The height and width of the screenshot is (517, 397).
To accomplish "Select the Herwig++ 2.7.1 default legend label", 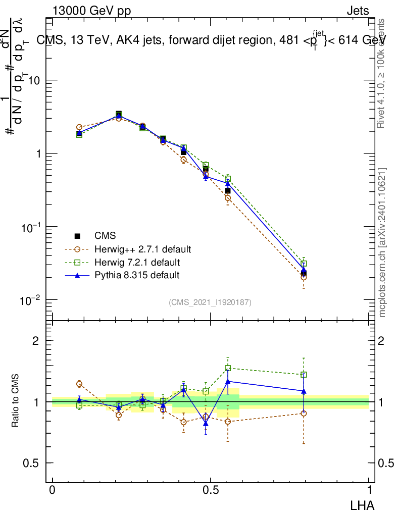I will click(142, 249).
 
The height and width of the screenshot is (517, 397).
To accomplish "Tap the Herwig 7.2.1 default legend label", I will click(137, 263).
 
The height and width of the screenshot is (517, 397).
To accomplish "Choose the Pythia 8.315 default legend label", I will click(136, 276).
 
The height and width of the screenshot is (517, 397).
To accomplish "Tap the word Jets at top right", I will click(358, 11).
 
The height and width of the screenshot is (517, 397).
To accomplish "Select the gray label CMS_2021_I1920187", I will click(210, 302).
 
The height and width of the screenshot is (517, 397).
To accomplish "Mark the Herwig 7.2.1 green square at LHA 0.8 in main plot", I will click(304, 264).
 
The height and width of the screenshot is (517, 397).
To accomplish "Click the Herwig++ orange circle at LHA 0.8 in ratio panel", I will click(304, 413).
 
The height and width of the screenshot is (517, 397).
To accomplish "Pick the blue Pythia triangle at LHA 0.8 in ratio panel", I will click(304, 391).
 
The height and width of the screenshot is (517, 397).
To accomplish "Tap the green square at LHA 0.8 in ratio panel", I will click(304, 375).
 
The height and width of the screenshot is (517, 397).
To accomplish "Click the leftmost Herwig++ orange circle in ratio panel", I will click(79, 384).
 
